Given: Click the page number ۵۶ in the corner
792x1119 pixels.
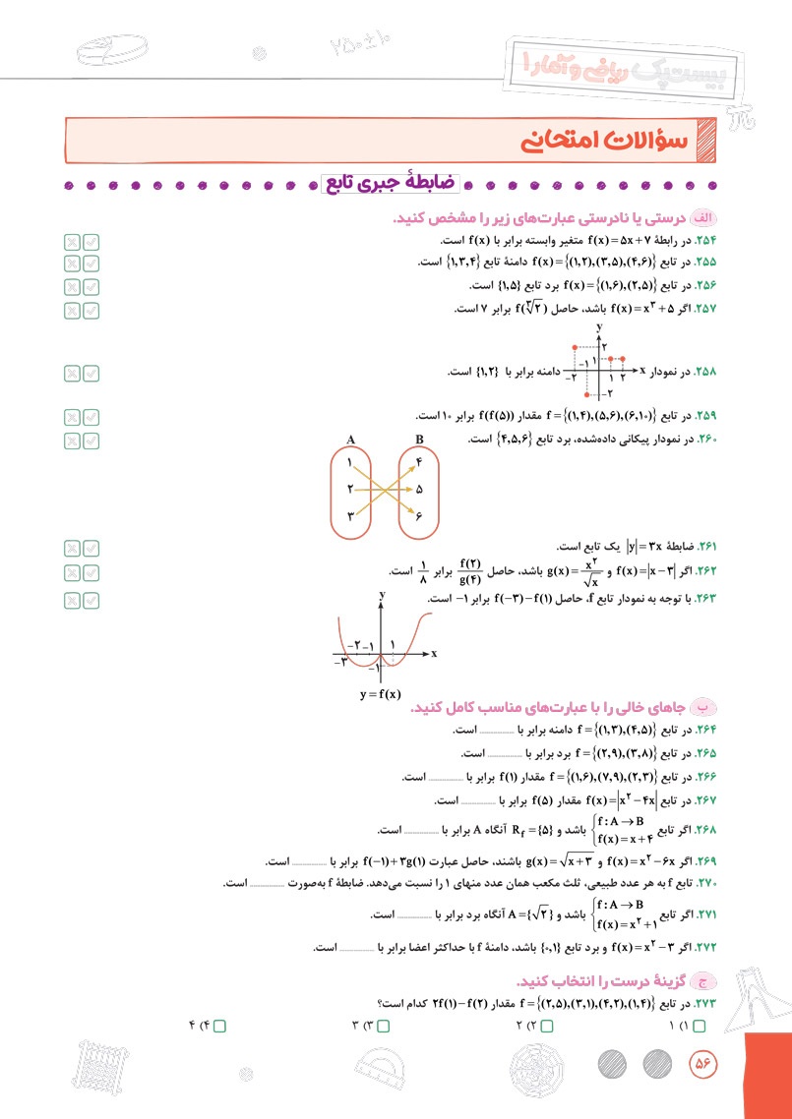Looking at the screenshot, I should tap(702, 1062).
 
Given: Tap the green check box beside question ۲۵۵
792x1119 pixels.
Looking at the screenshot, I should tap(91, 264).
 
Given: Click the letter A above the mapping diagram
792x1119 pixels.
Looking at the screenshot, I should tap(350, 440).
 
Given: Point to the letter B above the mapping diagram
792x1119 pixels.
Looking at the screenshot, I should tap(419, 440).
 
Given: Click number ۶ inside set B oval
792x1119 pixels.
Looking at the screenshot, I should tap(419, 515).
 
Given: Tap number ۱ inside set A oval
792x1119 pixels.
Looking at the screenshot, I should tap(349, 460).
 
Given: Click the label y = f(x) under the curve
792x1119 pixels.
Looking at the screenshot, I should tap(381, 693).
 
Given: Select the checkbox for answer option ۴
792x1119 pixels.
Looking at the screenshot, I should tap(219, 1026).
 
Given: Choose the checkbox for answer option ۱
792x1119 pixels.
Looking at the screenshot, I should tap(700, 1026).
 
